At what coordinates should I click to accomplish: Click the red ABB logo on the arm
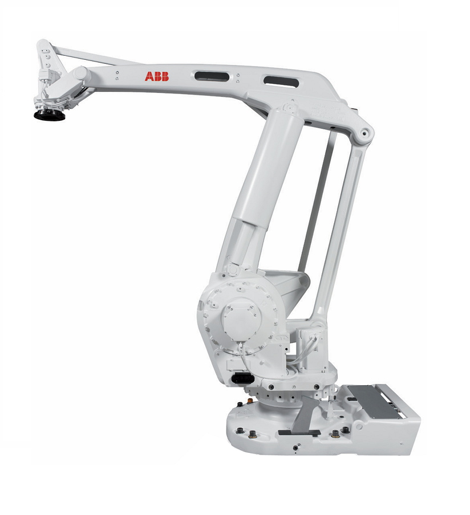click(157, 76)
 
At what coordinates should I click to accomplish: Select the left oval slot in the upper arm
click(212, 76)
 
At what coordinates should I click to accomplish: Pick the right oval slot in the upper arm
click(281, 81)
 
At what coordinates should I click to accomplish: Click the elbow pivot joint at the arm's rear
click(364, 132)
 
